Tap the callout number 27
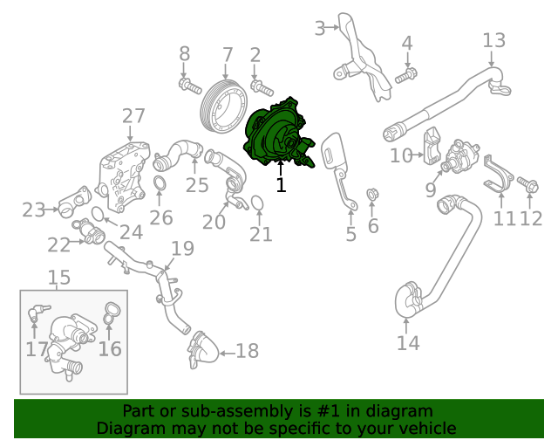pyautogui.click(x=133, y=116)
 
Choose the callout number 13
pyautogui.click(x=493, y=40)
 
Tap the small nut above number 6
pyautogui.click(x=372, y=194)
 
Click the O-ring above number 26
pyautogui.click(x=161, y=182)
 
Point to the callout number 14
pyautogui.click(x=408, y=342)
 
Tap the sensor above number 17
pyautogui.click(x=36, y=313)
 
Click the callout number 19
pyautogui.click(x=181, y=249)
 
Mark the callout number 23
pyautogui.click(x=33, y=210)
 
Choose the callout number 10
pyautogui.click(x=400, y=156)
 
